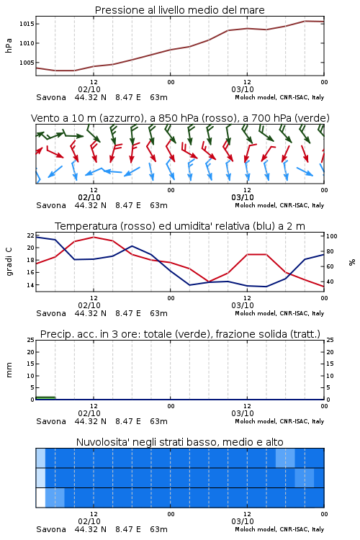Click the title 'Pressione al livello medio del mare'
(x=179, y=10)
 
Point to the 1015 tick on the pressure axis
(x=27, y=24)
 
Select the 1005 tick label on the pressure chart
(x=27, y=63)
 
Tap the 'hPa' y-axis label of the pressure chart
(x=9, y=45)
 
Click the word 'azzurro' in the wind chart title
(x=121, y=118)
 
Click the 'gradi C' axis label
(x=9, y=262)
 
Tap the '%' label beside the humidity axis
(x=352, y=262)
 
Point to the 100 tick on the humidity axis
(x=332, y=236)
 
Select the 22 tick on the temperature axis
(x=31, y=235)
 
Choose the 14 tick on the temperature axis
(x=31, y=285)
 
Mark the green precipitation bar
(x=45, y=398)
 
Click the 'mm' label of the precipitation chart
(x=9, y=370)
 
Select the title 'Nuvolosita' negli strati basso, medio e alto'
(x=179, y=442)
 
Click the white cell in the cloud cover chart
(x=40, y=498)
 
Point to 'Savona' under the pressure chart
(x=51, y=97)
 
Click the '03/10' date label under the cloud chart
(x=243, y=521)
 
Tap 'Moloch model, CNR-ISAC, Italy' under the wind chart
(x=279, y=205)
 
